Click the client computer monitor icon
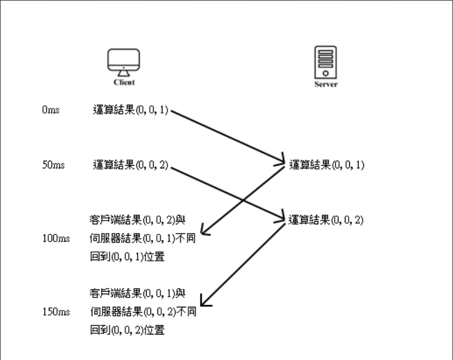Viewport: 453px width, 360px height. pyautogui.click(x=123, y=62)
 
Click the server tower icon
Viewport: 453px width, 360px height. pyautogui.click(x=325, y=62)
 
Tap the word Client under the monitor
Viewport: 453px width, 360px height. pyautogui.click(x=124, y=83)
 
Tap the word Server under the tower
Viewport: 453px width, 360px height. pyautogui.click(x=325, y=85)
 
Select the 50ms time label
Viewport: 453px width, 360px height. pyautogui.click(x=53, y=165)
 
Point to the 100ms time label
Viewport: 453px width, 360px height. pyautogui.click(x=56, y=238)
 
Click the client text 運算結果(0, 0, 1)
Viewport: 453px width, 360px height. pyautogui.click(x=131, y=111)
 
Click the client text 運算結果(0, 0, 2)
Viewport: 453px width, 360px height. pyautogui.click(x=131, y=165)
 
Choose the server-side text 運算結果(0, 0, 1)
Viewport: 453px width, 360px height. pyautogui.click(x=326, y=165)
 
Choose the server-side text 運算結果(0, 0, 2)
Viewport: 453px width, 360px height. pyautogui.click(x=326, y=220)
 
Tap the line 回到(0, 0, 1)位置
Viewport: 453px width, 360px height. pyautogui.click(x=127, y=256)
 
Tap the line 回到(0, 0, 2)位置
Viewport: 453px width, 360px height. pyautogui.click(x=127, y=330)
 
